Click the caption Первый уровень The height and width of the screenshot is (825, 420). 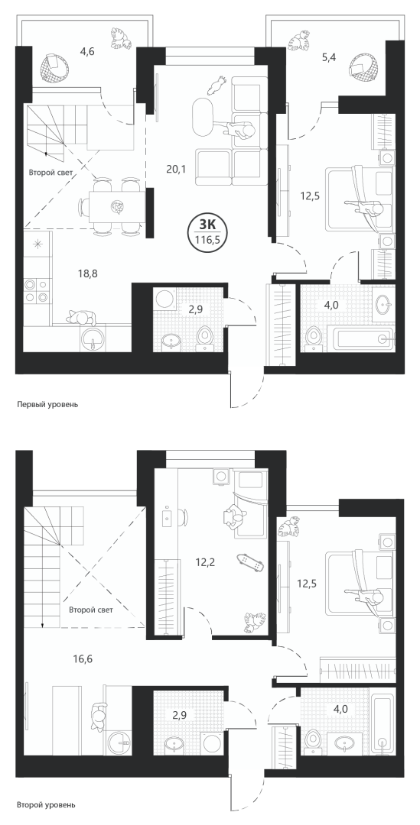pyautogui.click(x=47, y=405)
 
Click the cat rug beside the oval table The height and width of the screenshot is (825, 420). pyautogui.click(x=218, y=84)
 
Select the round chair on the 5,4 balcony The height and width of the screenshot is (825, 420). pyautogui.click(x=363, y=69)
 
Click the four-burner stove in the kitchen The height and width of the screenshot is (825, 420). pyautogui.click(x=37, y=290)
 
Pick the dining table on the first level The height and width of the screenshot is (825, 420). pyautogui.click(x=116, y=207)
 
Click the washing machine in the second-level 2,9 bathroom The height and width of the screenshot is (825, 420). pyautogui.click(x=211, y=744)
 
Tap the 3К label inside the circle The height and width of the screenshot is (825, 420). pyautogui.click(x=207, y=225)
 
